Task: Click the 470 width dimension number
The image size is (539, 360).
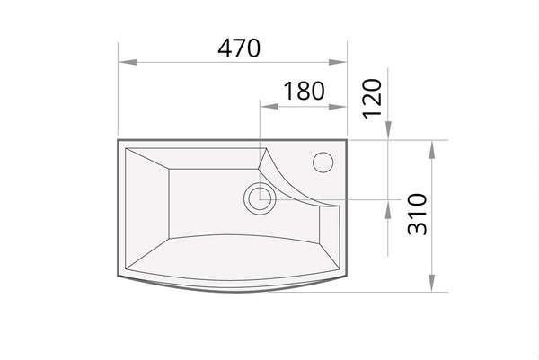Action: click(x=239, y=48)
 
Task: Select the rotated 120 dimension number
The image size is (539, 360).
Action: click(x=374, y=98)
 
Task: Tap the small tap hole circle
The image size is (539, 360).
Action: click(x=322, y=162)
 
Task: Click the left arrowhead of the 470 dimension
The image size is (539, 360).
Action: click(x=125, y=62)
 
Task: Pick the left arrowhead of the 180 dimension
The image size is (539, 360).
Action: click(x=266, y=106)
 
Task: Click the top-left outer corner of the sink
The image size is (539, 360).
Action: click(x=118, y=140)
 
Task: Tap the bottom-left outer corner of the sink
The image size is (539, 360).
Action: click(x=118, y=275)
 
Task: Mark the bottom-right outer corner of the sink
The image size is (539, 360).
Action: click(x=346, y=276)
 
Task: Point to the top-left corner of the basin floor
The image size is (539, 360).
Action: click(x=169, y=170)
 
